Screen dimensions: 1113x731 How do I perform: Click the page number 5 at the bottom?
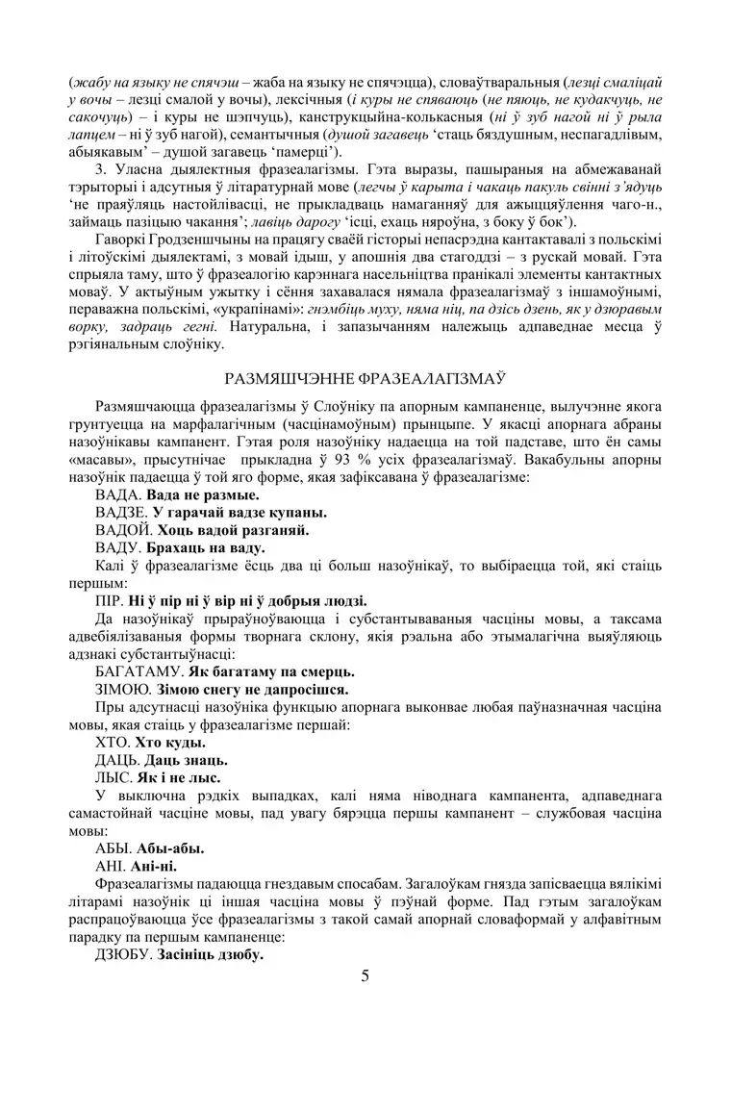(x=365, y=977)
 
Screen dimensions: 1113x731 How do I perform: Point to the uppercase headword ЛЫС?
(x=113, y=776)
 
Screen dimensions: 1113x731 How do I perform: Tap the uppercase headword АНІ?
(x=113, y=865)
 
